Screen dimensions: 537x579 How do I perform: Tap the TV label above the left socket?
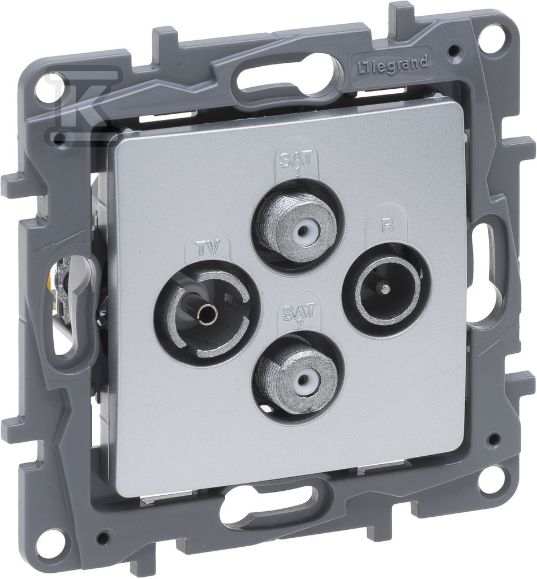[x=207, y=247]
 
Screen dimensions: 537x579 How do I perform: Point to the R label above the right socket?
[x=386, y=226]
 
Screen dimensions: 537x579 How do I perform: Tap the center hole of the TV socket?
[x=204, y=314]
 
